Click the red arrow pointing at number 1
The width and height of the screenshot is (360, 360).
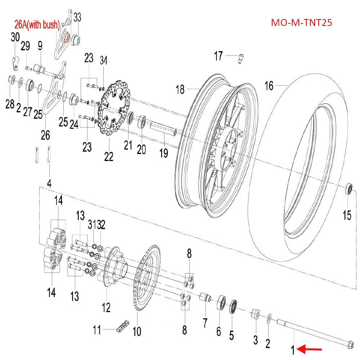point(311,349)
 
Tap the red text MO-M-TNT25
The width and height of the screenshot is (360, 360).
point(301,23)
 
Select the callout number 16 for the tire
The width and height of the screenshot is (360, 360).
point(269,86)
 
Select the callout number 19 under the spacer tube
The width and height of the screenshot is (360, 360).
point(164,153)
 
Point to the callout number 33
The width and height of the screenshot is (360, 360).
point(77,17)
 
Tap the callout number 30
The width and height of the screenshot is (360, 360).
point(15,37)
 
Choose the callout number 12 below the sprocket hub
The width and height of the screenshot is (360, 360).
point(106,307)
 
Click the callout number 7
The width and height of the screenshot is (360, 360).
point(205,323)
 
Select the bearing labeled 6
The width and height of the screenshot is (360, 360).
point(221,304)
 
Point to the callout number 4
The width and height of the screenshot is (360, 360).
point(49,183)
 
